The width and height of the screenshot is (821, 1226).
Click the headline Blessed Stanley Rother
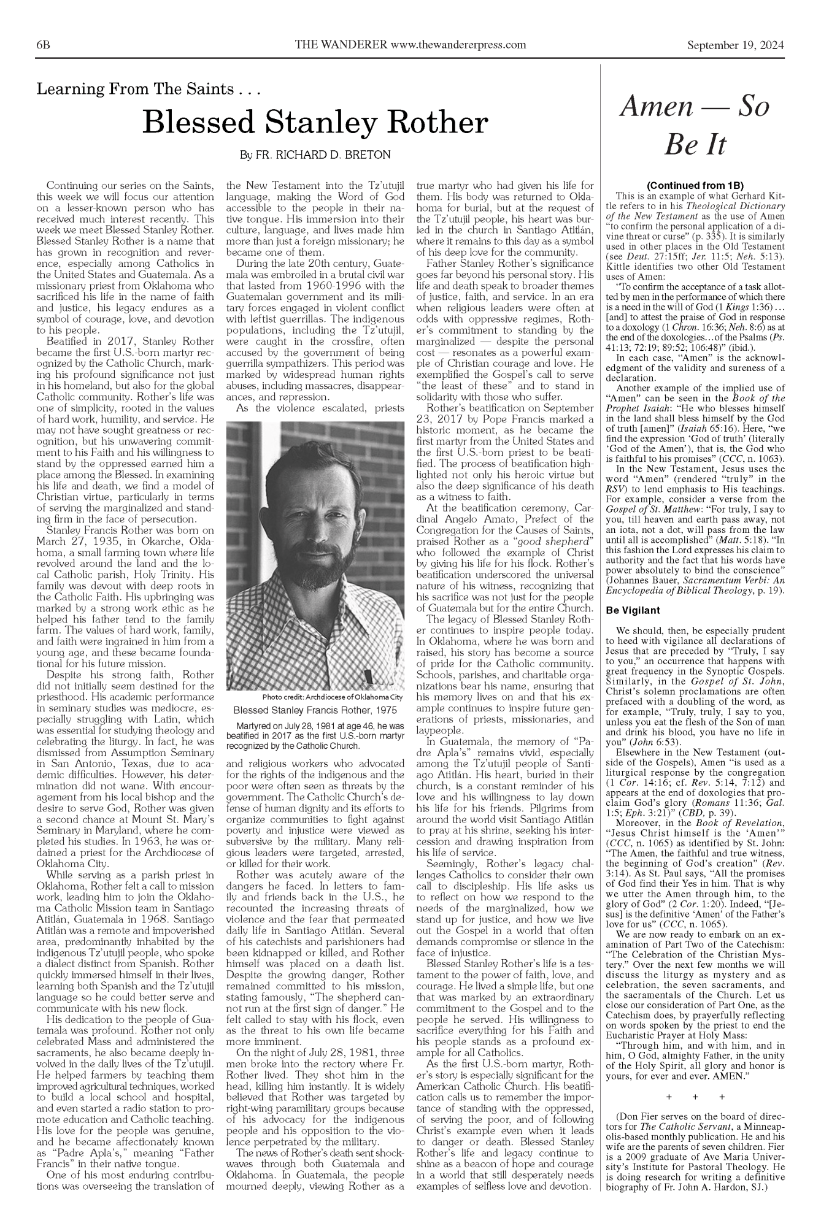pyautogui.click(x=315, y=123)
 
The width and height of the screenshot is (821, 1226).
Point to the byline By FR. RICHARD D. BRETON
pyautogui.click(x=314, y=155)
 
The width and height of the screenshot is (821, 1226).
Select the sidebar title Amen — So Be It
pyautogui.click(x=695, y=124)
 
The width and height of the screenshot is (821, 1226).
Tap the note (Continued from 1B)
pyautogui.click(x=695, y=185)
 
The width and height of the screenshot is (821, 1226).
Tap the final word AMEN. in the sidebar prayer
pyautogui.click(x=760, y=1075)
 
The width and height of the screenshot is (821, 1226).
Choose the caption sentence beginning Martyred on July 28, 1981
pyautogui.click(x=315, y=736)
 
